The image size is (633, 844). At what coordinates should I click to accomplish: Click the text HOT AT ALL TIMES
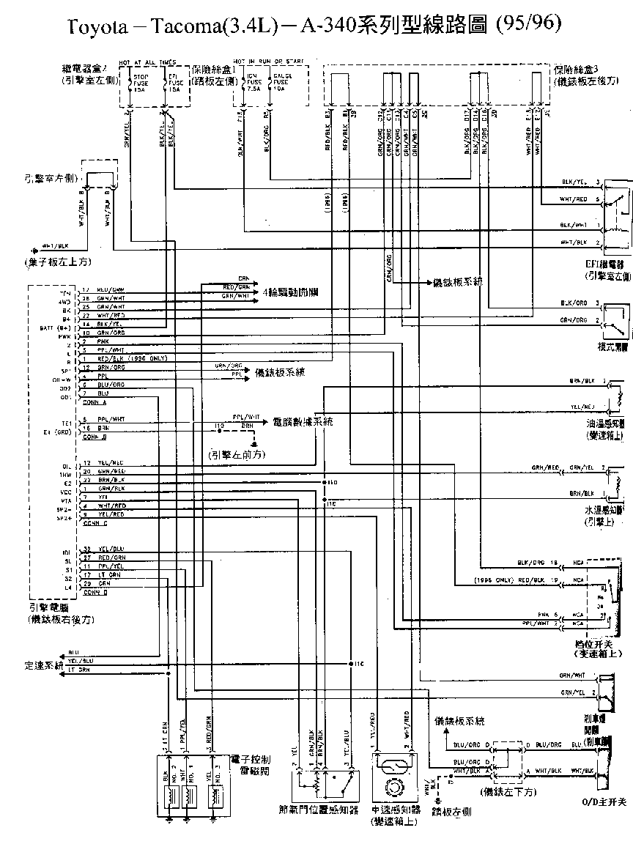(x=152, y=62)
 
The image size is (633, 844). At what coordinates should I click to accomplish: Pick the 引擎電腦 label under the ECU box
(x=49, y=607)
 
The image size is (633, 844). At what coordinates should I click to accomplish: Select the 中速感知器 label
(x=396, y=810)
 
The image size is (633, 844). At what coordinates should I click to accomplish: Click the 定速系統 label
(x=43, y=665)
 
